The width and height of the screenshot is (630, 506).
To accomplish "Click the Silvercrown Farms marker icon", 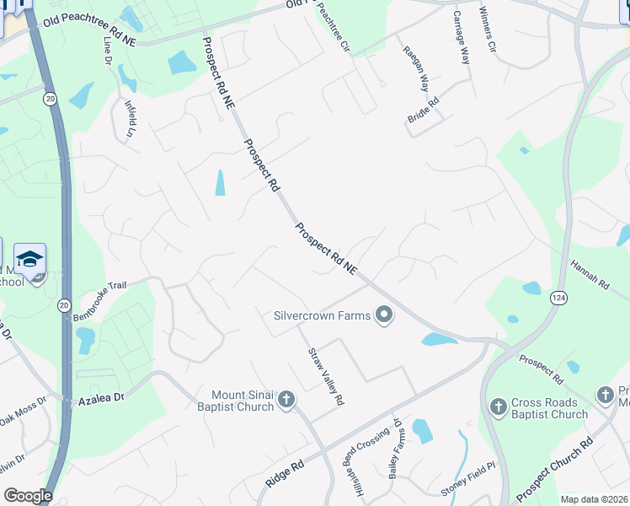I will pyautogui.click(x=385, y=317).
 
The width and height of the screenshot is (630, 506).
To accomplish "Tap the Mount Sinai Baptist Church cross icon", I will pyautogui.click(x=286, y=399).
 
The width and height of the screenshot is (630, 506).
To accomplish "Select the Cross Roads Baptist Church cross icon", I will pyautogui.click(x=498, y=408).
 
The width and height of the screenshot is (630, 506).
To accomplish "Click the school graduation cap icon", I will pyautogui.click(x=29, y=259).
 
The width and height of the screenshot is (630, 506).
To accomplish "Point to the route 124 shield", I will pyautogui.click(x=559, y=298).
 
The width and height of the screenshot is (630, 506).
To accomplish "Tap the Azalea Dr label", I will pyautogui.click(x=101, y=396).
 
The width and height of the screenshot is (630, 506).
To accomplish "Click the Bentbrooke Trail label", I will pyautogui.click(x=99, y=286).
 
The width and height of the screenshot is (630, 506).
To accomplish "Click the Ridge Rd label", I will pyautogui.click(x=285, y=472).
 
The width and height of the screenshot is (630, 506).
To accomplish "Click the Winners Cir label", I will pyautogui.click(x=488, y=31).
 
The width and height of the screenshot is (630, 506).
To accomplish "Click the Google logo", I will pyautogui.click(x=28, y=496).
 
